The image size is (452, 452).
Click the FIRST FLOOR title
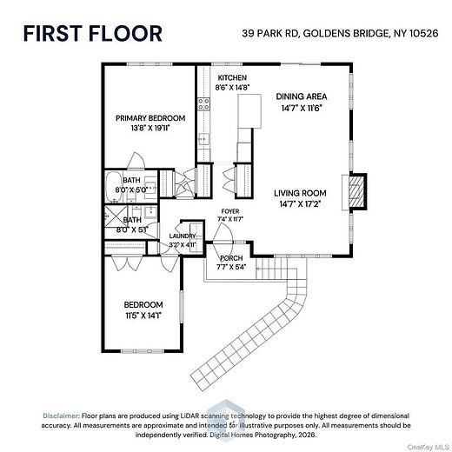pyautogui.click(x=92, y=33)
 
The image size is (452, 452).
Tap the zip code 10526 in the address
pyautogui.click(x=423, y=33)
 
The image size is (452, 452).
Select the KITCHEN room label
pyautogui.click(x=232, y=77)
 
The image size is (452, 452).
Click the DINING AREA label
pyautogui.click(x=302, y=96)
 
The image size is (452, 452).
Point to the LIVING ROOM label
pyautogui.click(x=300, y=193)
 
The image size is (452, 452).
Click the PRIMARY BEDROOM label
pyautogui.click(x=150, y=118)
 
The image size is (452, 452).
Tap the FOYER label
pyautogui.click(x=230, y=211)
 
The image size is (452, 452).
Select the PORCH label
pyautogui.click(x=231, y=258)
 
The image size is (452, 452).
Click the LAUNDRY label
pyautogui.click(x=183, y=236)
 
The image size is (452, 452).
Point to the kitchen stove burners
pyautogui.click(x=203, y=104)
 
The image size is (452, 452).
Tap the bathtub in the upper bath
pyautogui.click(x=114, y=187)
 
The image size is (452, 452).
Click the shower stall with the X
pyautogui.click(x=116, y=216)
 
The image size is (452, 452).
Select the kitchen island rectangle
pyautogui.click(x=249, y=111)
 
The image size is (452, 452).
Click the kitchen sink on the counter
pyautogui.click(x=203, y=140)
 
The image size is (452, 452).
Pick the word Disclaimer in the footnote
pyautogui.click(x=61, y=415)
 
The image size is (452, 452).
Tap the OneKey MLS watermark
pyautogui.click(x=428, y=447)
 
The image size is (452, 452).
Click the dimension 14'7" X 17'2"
pyautogui.click(x=300, y=204)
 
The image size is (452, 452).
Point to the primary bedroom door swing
pyautogui.click(x=136, y=161)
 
